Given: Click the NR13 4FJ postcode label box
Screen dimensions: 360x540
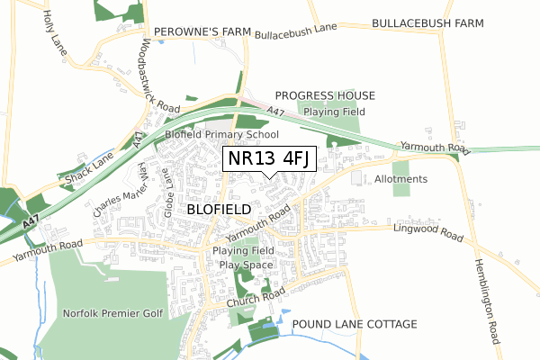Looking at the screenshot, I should coord(269,158).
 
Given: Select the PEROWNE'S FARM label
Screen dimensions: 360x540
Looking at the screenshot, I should coord(202,31).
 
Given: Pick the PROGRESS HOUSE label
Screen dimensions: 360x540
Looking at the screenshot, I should coord(325,95).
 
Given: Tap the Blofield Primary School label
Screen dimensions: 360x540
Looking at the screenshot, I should coord(221,134).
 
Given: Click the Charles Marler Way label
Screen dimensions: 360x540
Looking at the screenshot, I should coord(117,189).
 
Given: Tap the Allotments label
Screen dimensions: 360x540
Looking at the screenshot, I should coord(400,179).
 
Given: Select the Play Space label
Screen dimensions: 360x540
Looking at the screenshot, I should coord(245,265).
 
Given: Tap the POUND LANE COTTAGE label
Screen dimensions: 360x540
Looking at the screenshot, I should coord(355,324).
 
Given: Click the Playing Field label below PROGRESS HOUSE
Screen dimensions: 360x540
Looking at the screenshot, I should coord(331,112).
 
